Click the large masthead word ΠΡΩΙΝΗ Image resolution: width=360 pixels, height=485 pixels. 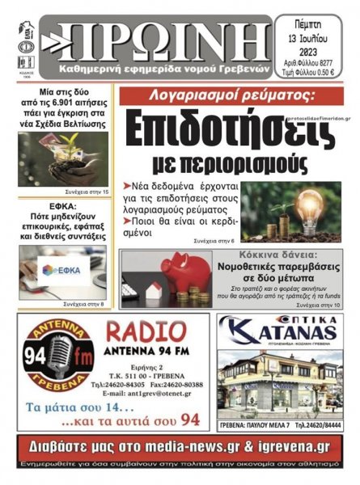(x=162, y=36)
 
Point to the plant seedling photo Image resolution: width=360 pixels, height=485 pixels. (x=61, y=158)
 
